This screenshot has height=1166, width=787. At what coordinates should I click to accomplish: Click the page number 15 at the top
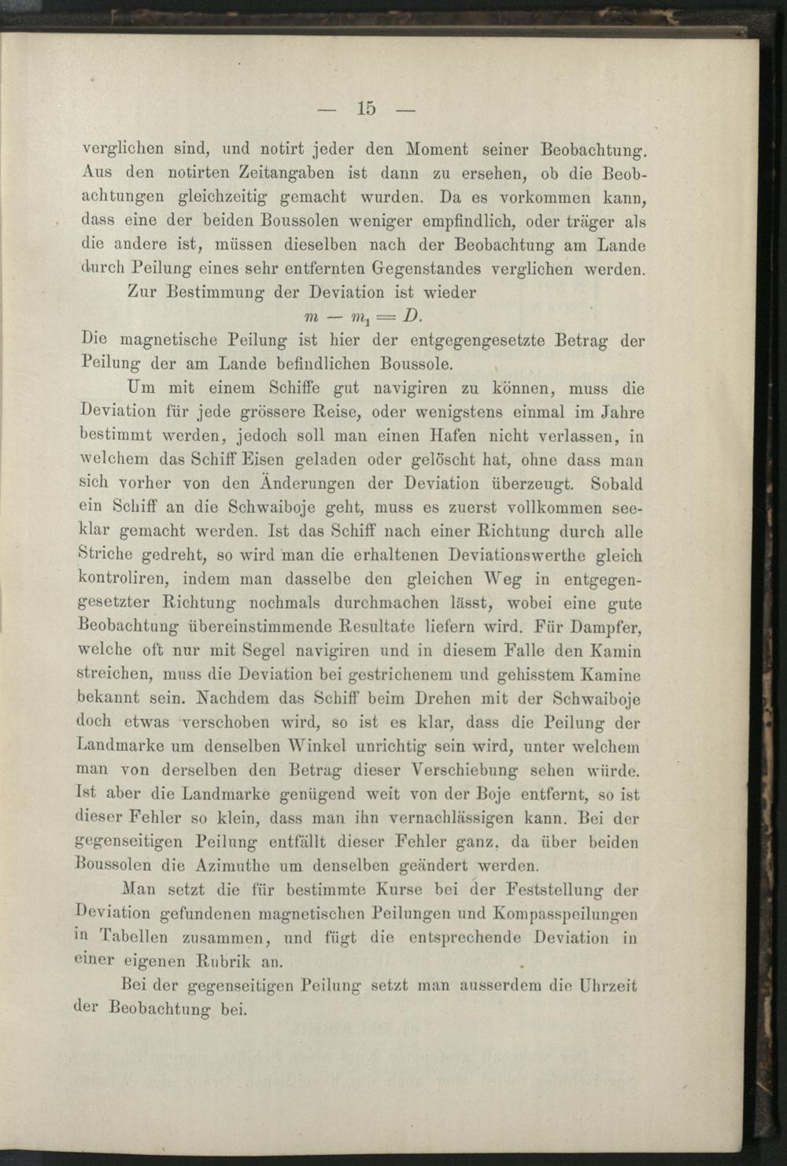coord(366,109)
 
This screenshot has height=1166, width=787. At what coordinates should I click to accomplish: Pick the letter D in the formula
coord(411,316)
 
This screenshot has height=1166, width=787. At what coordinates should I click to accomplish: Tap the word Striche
coord(106,555)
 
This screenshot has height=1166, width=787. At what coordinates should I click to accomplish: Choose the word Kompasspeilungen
coord(565,914)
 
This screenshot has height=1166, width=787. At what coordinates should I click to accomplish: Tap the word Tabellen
coord(133,938)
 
